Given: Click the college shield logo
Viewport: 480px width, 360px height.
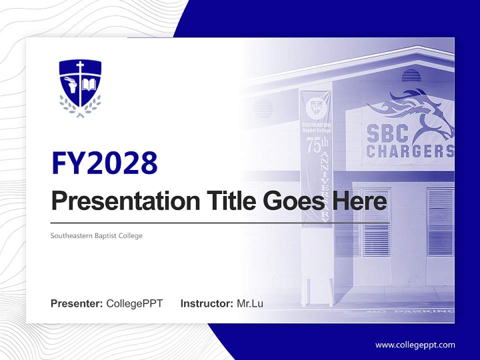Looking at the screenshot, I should click(80, 88).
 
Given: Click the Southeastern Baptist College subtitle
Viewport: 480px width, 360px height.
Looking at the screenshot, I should click(96, 235).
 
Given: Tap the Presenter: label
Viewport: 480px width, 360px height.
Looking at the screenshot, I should click(76, 303).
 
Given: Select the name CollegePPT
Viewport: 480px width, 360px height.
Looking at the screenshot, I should click(134, 303).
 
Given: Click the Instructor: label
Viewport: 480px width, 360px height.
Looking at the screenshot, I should click(206, 303).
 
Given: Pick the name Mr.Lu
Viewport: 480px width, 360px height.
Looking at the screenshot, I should click(250, 303).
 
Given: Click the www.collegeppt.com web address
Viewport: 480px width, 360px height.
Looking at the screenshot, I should click(415, 345).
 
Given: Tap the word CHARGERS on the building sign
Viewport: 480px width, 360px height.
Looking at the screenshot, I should click(410, 150).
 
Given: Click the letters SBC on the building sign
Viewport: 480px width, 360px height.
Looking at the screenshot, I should click(388, 133).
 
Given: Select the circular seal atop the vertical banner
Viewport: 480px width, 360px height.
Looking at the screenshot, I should click(316, 106).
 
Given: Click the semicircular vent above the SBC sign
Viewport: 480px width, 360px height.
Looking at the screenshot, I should click(411, 75).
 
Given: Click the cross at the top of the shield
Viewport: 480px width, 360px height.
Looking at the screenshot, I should click(80, 66).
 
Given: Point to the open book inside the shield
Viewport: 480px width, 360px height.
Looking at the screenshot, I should click(88, 83).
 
